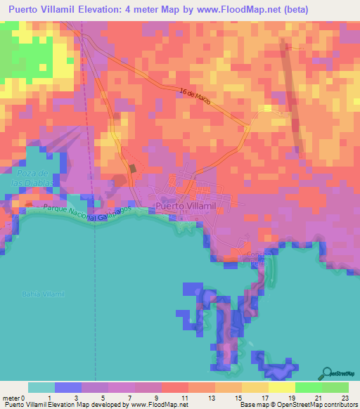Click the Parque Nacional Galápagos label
pos(79,213)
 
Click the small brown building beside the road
pos(131,169)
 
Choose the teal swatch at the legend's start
pos(41,387)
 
